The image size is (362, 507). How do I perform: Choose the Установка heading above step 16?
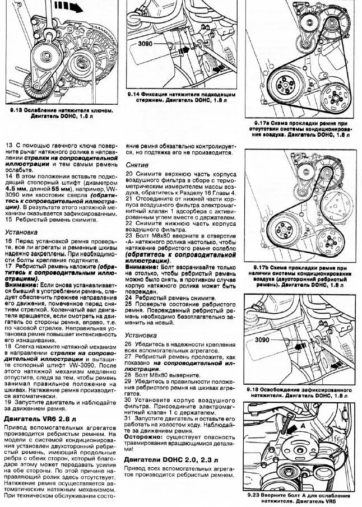coord(21,231)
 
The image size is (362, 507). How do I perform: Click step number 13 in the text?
coord(8,145)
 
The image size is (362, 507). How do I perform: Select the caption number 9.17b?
coord(260,268)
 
